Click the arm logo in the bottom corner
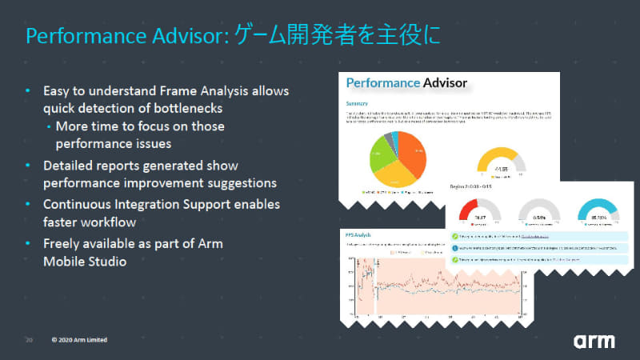[x=594, y=340]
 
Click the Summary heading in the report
[x=357, y=104]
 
